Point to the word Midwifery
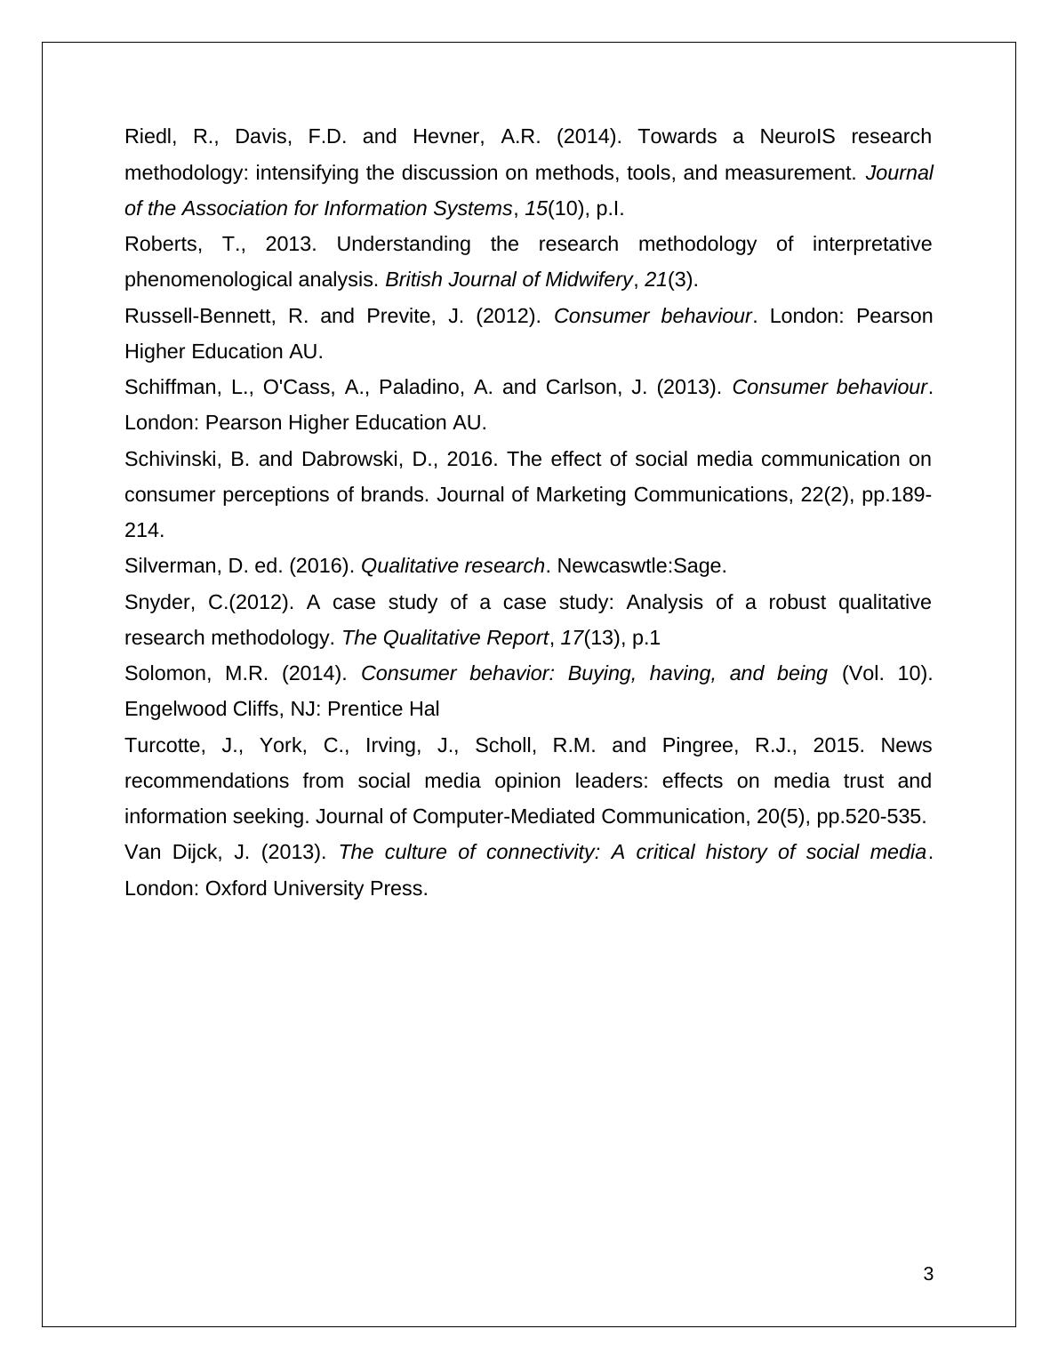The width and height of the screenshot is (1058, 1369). pyautogui.click(x=587, y=280)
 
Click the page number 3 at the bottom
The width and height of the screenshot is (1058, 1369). pyautogui.click(x=928, y=1275)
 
